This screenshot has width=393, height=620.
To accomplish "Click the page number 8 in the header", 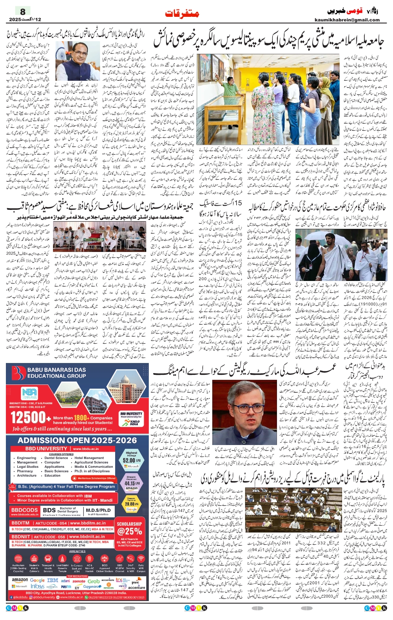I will (x=23, y=11).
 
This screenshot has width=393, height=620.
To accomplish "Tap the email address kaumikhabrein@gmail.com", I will (x=347, y=20).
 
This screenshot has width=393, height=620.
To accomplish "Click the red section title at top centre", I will (x=182, y=13).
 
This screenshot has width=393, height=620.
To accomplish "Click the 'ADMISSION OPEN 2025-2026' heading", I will (x=77, y=440).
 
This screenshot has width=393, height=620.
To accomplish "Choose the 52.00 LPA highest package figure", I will (x=129, y=460).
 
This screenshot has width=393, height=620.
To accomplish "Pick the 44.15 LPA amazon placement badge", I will (x=131, y=483).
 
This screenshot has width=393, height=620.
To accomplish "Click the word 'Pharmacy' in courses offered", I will (x=25, y=471).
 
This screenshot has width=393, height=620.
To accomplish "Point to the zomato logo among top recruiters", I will (x=79, y=581).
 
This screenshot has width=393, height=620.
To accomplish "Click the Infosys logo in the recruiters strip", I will (x=37, y=586).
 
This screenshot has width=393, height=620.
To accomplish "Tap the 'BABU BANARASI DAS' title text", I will (x=56, y=370).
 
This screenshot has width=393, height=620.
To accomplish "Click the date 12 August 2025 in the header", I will (x=24, y=20).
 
